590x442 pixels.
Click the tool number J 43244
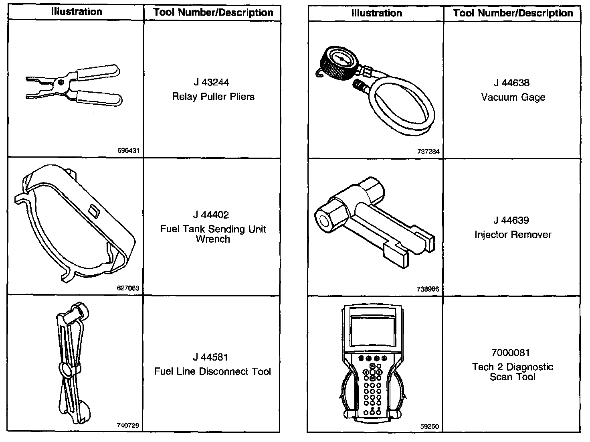[211, 82]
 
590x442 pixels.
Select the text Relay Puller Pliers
[213, 97]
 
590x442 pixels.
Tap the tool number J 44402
[211, 215]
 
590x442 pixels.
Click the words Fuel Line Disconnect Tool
[212, 372]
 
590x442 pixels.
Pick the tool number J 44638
[511, 83]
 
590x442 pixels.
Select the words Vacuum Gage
[513, 97]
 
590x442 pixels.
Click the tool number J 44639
[511, 221]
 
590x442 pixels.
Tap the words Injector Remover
[513, 235]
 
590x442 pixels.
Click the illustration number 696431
[128, 151]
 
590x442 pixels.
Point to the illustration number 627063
[128, 288]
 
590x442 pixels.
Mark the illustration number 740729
[128, 426]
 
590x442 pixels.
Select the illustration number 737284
[428, 152]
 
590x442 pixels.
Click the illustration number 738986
[428, 289]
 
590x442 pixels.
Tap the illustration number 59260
[430, 426]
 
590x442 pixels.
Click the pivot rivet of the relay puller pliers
[61, 82]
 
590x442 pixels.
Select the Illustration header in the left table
[77, 12]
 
